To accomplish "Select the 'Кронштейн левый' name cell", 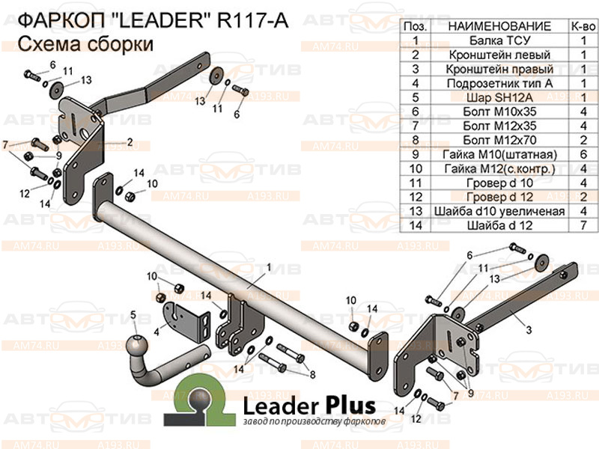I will click(499, 55).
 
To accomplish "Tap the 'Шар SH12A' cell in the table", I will click(499, 97).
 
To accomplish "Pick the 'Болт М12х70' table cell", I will click(499, 140).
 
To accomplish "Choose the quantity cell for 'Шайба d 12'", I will click(582, 224).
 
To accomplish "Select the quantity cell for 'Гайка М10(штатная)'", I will click(582, 154).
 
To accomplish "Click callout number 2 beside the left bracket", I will click(130, 141).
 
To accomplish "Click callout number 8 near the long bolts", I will click(312, 374).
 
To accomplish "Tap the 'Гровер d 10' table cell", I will click(499, 182).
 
